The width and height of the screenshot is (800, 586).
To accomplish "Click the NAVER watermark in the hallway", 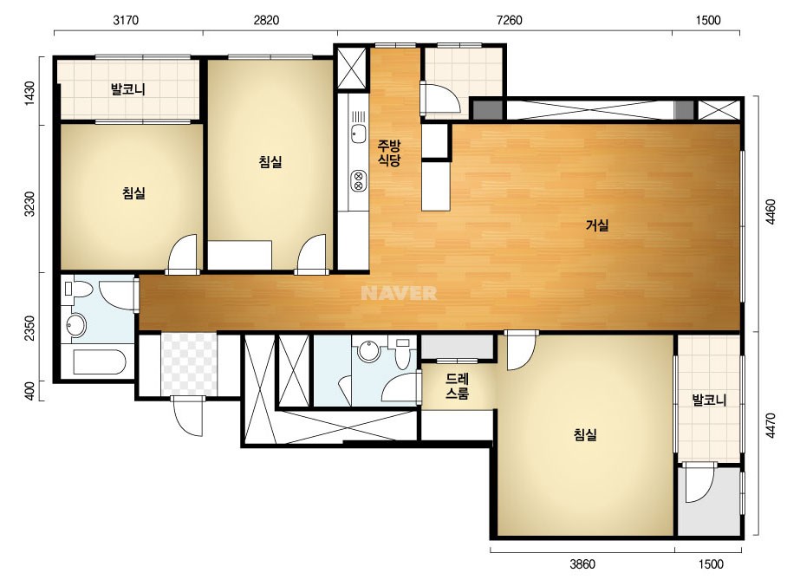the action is coord(399,293).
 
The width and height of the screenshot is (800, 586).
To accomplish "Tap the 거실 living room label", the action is coord(597,225).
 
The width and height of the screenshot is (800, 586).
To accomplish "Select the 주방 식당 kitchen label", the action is coord(389,153).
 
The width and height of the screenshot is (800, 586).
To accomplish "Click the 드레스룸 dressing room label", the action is coord(457,386).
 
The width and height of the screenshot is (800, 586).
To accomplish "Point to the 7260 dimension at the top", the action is coord(509,20).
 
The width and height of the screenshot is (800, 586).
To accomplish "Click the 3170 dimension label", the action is coord(126,20).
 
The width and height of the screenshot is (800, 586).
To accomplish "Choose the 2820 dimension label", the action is coord(266,20).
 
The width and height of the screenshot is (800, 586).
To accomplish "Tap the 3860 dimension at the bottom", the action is coord(582,564).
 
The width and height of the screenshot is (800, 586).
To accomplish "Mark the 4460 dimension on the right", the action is coord(771,212).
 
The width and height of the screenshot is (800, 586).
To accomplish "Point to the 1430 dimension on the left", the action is coord(30,94).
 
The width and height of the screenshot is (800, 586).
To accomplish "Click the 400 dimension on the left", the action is coord(30,391).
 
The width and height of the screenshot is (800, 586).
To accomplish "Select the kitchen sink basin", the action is coord(359,133).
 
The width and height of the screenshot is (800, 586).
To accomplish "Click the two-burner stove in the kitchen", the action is coord(359,180).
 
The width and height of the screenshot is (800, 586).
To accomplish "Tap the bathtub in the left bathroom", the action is coord(99,361).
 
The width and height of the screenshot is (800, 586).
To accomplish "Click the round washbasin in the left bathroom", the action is coord(76,325).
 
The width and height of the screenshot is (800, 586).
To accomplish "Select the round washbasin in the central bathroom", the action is coord(367,351).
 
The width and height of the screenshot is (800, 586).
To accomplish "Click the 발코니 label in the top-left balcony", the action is coord(128,89).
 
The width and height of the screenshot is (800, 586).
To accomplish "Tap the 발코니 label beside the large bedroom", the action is coord(709,400).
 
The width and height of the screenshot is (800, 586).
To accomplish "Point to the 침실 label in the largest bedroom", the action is coord(585,435).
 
